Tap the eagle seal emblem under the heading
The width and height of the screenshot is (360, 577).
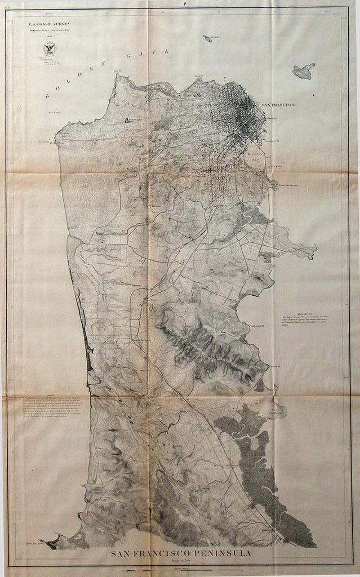click(x=50, y=49)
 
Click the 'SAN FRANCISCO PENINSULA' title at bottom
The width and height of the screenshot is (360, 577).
click(x=180, y=554)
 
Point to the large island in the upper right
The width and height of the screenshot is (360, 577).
click(x=304, y=71)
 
